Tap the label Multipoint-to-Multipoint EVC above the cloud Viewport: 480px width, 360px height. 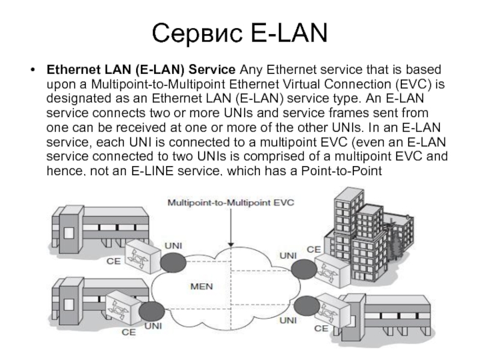(x=230, y=203)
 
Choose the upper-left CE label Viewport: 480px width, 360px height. (x=113, y=262)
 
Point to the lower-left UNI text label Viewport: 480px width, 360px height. (x=154, y=327)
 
